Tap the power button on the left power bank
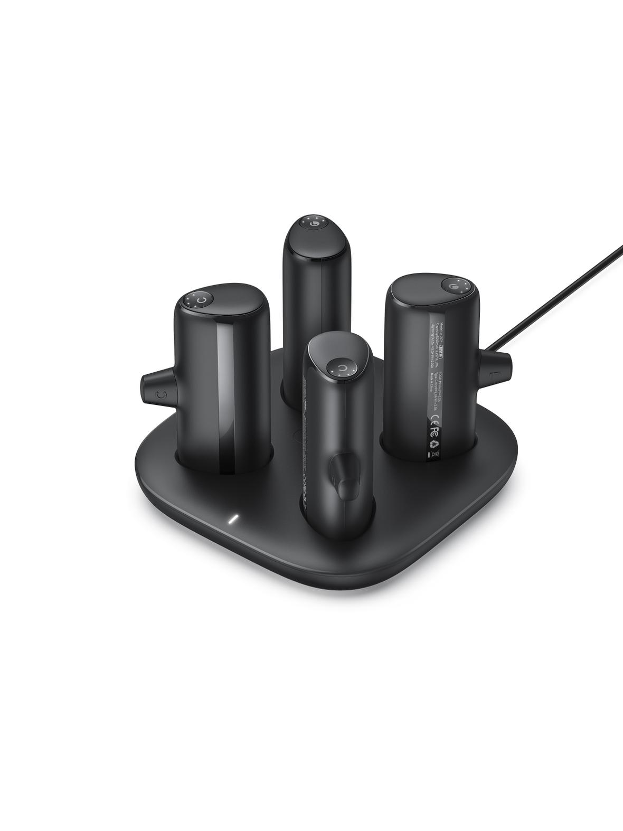click(x=199, y=301)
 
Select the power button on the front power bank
click(x=342, y=368)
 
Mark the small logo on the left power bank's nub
click(x=161, y=394)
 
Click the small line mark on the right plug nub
click(x=492, y=374)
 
